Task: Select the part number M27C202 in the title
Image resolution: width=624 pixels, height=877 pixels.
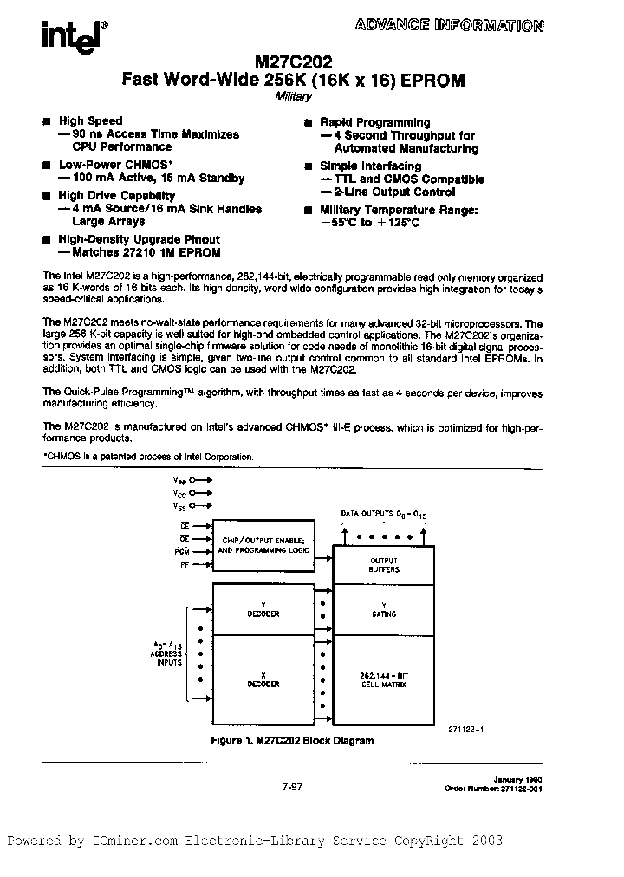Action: point(298,62)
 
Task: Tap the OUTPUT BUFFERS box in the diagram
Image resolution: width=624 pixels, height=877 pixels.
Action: point(384,563)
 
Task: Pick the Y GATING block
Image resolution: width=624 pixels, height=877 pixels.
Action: point(384,610)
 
